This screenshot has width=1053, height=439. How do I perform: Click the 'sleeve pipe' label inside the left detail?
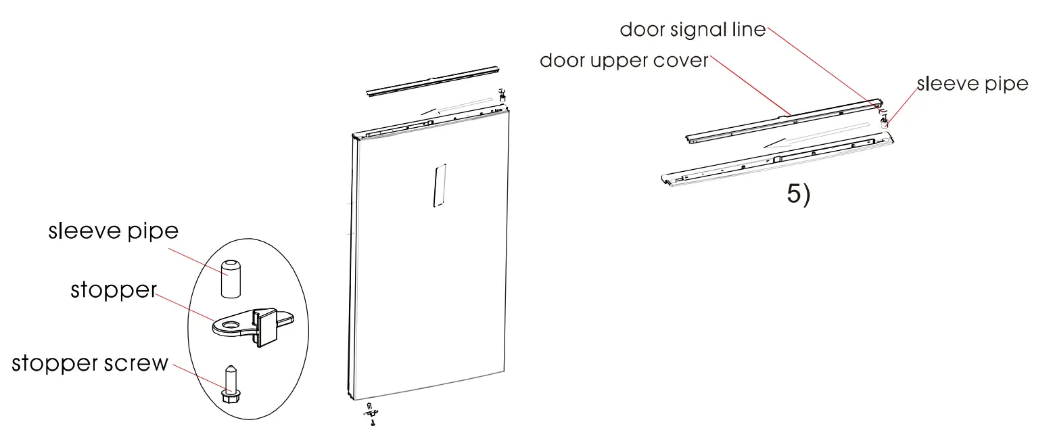(x=113, y=231)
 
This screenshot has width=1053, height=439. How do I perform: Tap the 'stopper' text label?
(x=113, y=291)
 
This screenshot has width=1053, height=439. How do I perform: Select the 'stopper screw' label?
(x=90, y=363)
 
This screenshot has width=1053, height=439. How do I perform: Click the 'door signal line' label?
(x=693, y=30)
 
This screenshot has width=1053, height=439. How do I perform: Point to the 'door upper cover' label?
(x=624, y=61)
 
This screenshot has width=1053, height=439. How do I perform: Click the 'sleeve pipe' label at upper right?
(x=972, y=84)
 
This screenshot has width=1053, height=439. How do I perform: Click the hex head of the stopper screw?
(x=230, y=394)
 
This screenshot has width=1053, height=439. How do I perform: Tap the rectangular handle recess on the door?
(x=438, y=184)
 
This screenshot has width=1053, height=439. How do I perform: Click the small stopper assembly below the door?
(x=370, y=414)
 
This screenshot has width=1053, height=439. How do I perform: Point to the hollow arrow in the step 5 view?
(x=818, y=134)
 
